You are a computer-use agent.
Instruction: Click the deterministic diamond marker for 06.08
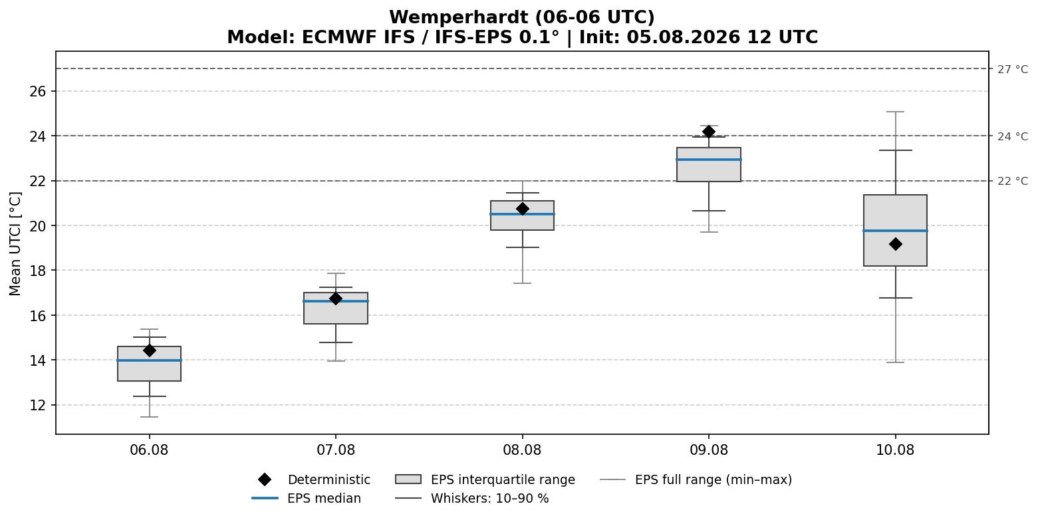coord(149,350)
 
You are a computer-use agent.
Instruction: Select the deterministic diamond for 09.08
coord(709,132)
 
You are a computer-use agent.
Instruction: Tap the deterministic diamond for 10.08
coord(895,244)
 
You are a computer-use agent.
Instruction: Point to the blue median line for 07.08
coord(336,301)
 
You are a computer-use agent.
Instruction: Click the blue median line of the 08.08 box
coord(522,214)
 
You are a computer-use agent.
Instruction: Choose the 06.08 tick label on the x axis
coord(149,450)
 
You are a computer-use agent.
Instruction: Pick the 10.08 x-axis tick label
coord(895,450)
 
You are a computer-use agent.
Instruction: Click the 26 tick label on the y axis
coord(38,91)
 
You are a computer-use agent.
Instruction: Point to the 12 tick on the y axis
coord(38,405)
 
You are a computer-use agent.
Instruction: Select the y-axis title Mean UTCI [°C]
coord(15,244)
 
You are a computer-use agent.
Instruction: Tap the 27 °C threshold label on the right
coord(1013,69)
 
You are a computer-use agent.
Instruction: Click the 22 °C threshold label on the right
coord(1013,181)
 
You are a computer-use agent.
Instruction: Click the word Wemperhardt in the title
coord(459,17)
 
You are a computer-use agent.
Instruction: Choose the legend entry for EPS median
coord(307,498)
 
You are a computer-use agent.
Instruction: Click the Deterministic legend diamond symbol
coord(265,479)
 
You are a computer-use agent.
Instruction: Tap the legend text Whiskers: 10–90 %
coord(490,498)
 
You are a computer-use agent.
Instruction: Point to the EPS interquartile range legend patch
coord(408,479)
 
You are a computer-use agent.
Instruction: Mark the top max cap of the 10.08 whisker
coord(895,112)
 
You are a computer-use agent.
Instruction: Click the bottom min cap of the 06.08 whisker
coord(149,417)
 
